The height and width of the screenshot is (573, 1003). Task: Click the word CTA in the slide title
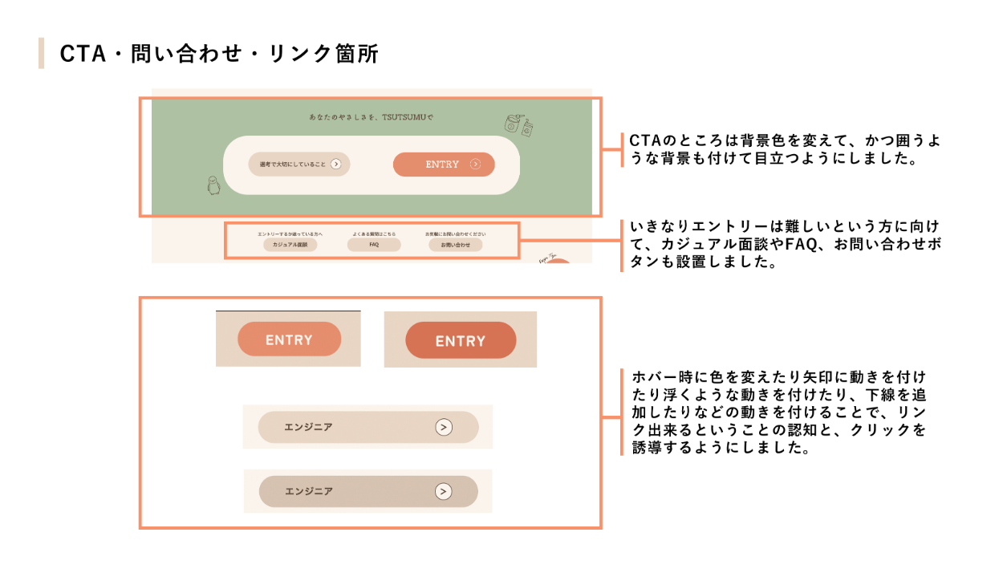(x=79, y=54)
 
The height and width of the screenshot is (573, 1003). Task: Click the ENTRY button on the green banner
(x=443, y=165)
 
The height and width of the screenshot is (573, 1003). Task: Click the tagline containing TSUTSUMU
(x=371, y=117)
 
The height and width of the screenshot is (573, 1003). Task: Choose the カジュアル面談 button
(x=290, y=244)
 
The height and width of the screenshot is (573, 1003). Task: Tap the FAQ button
(x=374, y=244)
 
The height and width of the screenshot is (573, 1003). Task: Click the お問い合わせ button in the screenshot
(x=455, y=244)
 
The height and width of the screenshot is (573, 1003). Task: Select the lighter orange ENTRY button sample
(x=289, y=339)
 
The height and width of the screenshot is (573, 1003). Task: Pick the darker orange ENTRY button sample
(x=461, y=341)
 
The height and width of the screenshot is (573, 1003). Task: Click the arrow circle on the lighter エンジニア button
(x=444, y=427)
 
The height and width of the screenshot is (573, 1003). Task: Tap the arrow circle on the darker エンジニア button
(x=444, y=491)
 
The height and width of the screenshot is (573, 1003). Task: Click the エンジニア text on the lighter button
(x=308, y=427)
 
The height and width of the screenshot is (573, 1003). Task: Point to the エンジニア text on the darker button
(x=309, y=491)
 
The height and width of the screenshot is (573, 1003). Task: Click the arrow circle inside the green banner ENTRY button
(x=475, y=165)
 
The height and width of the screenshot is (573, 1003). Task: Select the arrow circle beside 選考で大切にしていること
(x=336, y=165)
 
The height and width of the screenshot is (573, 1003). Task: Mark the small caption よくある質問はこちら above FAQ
(x=374, y=234)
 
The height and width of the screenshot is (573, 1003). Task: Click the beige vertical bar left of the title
(x=41, y=53)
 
